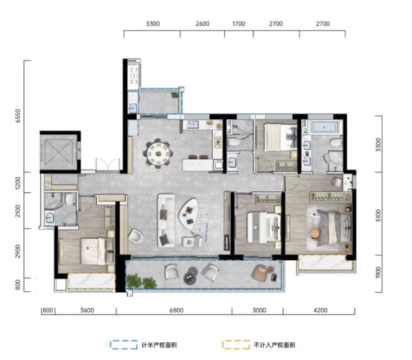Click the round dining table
[x=159, y=153]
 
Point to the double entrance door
[x=108, y=165]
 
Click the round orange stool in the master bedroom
[x=315, y=234]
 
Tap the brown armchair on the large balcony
[x=260, y=272]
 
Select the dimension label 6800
[x=176, y=310]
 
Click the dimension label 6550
[x=18, y=116]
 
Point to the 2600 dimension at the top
[x=203, y=24]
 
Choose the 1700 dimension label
[x=239, y=24]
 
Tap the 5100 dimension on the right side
[x=378, y=215]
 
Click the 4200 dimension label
[x=320, y=310]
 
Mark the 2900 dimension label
[x=18, y=251]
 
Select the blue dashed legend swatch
[x=124, y=345]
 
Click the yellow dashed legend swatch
[x=236, y=345]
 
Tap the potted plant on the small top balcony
[x=175, y=95]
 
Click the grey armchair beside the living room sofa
[x=136, y=236]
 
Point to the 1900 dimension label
[x=378, y=273]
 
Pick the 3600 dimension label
[x=87, y=310]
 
